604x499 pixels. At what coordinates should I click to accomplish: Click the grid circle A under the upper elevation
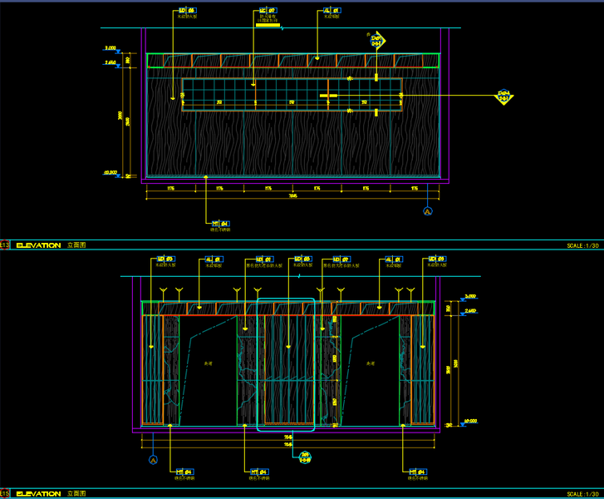(429, 212)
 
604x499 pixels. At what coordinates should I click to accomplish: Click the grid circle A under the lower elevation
(153, 459)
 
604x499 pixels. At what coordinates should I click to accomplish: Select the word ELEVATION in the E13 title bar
(38, 245)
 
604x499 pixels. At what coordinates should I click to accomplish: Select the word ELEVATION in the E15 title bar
(38, 494)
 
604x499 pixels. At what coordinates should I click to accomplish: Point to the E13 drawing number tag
(4, 245)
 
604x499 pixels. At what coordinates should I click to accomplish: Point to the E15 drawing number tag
(4, 494)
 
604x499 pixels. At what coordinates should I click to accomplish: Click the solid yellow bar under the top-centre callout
(268, 26)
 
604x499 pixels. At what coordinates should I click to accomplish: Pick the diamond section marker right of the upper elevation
(503, 96)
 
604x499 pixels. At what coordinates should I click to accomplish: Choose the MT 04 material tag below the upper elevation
(220, 224)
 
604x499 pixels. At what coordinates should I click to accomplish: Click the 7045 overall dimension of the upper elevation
(292, 196)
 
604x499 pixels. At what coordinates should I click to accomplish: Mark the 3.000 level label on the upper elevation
(110, 51)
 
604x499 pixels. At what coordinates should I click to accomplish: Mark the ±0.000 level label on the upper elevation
(110, 172)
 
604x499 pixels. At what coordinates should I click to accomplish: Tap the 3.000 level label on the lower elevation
(470, 297)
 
